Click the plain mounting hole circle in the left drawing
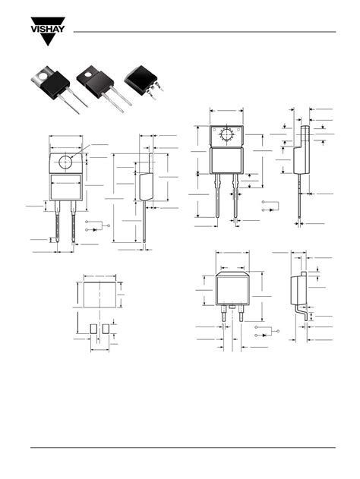coord(66,162)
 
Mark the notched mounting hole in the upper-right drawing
coord(226,136)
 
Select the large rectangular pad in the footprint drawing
coord(99,292)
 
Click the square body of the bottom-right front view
coord(233,289)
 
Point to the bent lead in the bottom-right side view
coord(302,312)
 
